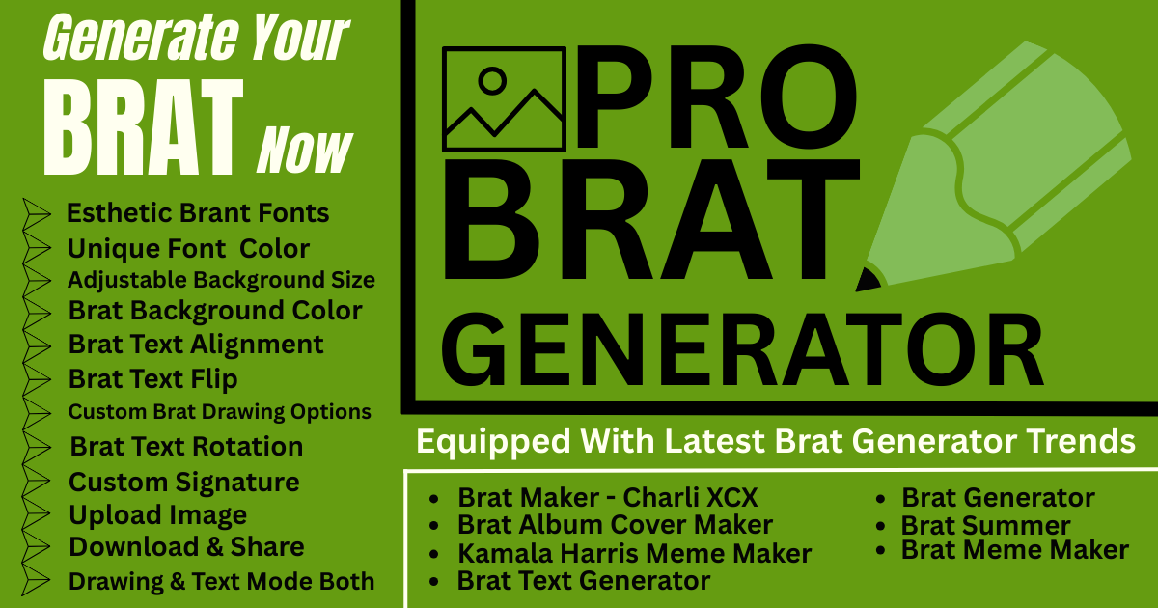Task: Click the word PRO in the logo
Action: tap(717, 97)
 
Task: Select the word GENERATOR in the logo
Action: tap(742, 350)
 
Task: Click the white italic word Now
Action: tap(304, 150)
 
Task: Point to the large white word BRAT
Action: tap(143, 127)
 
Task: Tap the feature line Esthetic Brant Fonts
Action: tap(198, 213)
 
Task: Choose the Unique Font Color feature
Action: tap(189, 249)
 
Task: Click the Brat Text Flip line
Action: tap(153, 379)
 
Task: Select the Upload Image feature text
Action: tap(157, 515)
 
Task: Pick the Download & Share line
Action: tap(186, 547)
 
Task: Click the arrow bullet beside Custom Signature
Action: tap(36, 481)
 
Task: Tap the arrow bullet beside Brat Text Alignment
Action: tap(37, 345)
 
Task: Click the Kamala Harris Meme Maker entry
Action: tap(634, 554)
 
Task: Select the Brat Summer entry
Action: tap(986, 526)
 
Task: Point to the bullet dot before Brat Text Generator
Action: tap(433, 582)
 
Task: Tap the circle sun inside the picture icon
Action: tap(492, 81)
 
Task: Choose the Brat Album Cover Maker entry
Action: tap(616, 525)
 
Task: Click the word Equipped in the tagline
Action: tap(493, 443)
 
